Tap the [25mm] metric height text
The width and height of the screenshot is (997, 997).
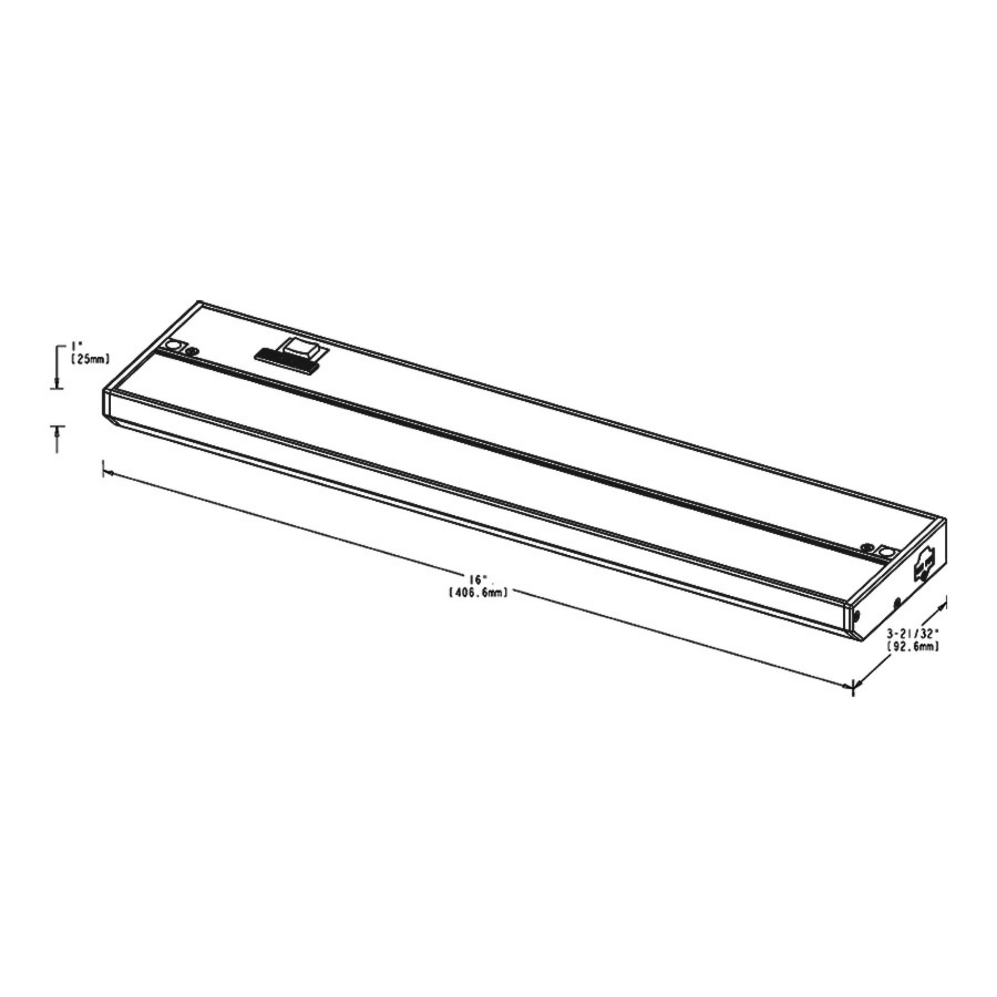coord(90,359)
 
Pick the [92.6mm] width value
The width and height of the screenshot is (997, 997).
coord(912,646)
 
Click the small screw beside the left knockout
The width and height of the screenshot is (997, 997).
coord(193,351)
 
